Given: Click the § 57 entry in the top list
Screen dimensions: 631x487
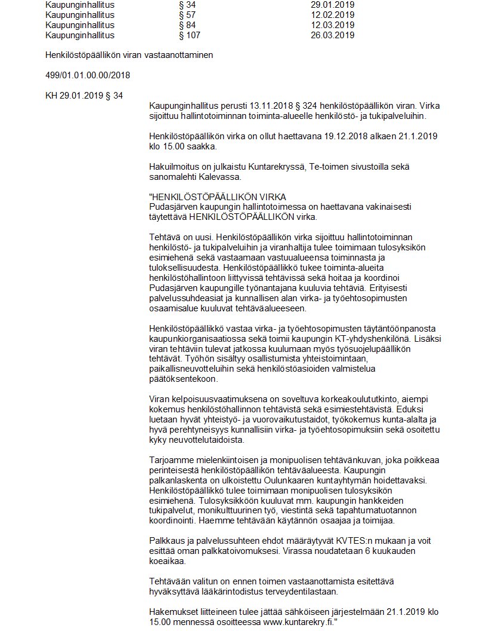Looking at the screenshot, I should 187,15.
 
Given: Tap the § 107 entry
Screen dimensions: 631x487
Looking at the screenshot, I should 189,35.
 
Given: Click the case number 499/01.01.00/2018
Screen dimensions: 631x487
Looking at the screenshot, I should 88,75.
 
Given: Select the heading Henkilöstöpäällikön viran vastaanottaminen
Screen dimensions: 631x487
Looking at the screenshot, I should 129,56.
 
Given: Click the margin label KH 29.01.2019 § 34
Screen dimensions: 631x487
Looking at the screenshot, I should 84,95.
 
